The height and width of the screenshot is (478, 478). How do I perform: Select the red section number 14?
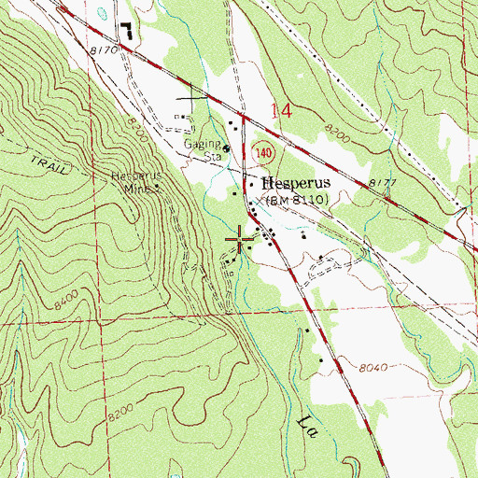tap(281, 111)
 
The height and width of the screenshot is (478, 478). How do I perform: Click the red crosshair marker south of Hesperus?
tap(242, 239)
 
